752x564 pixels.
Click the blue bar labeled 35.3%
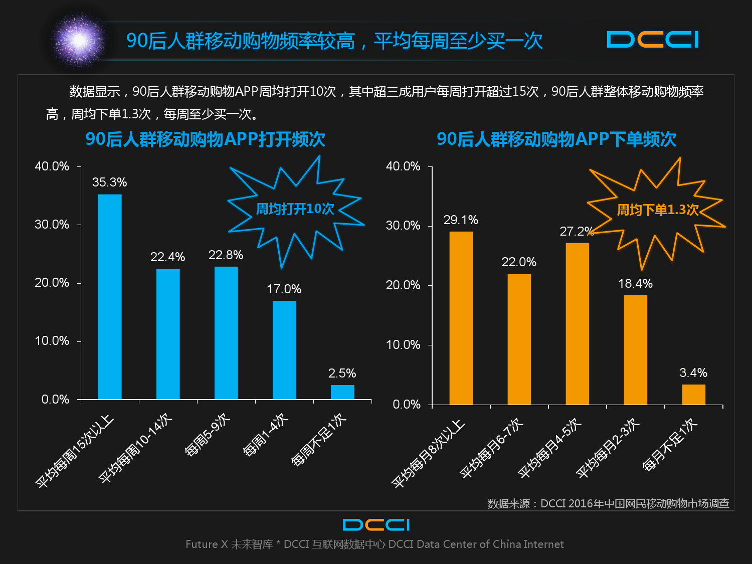click(x=110, y=296)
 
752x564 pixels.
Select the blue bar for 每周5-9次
click(x=226, y=332)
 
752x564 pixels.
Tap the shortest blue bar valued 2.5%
click(x=342, y=392)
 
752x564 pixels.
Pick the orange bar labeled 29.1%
click(x=461, y=317)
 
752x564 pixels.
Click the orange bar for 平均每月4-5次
click(x=577, y=323)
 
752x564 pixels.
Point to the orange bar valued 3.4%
click(x=693, y=394)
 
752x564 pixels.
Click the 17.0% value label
click(x=284, y=289)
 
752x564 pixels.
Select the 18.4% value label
click(x=635, y=284)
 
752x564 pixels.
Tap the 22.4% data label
click(x=167, y=257)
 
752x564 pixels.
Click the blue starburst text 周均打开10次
click(x=295, y=209)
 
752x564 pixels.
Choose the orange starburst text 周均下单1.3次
click(x=657, y=210)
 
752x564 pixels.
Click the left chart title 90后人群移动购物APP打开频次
click(x=205, y=139)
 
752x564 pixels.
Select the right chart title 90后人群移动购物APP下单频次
click(x=556, y=139)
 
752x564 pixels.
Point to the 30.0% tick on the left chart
click(x=52, y=225)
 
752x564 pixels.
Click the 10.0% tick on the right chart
click(x=403, y=345)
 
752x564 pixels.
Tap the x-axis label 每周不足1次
click(x=319, y=440)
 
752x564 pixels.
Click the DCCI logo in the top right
click(x=653, y=40)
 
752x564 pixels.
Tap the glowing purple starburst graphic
click(x=79, y=40)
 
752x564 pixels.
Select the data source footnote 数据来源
click(x=608, y=503)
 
